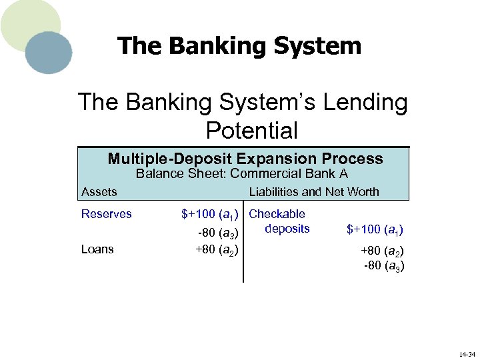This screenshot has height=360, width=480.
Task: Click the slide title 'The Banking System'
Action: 239,46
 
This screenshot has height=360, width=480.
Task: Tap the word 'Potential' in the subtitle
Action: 251,131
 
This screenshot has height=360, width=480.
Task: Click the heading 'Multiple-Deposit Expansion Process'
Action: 245,159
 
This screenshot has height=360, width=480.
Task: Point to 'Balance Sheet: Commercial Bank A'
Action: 241,175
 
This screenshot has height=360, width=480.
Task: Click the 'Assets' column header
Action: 99,192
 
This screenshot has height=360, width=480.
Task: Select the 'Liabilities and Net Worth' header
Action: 313,192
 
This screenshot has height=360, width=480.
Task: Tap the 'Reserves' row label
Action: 107,214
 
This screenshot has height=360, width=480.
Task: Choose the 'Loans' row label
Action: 97,249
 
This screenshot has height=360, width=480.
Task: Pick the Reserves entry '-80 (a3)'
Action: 219,232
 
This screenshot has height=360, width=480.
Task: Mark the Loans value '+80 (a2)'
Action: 217,249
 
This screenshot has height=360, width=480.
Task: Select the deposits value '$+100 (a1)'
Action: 375,230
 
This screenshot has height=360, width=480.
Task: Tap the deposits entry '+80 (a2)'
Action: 381,252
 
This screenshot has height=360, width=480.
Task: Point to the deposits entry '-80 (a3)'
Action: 383,266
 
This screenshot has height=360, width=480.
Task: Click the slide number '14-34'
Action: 467,352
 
